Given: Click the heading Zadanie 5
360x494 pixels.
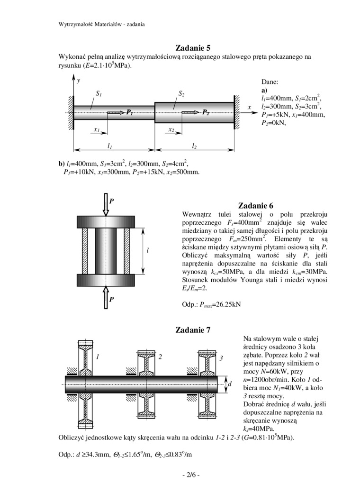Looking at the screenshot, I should tap(193, 48).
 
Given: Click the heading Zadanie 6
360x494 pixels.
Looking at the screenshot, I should tap(256, 206).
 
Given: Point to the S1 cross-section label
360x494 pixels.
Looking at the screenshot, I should tap(99, 94).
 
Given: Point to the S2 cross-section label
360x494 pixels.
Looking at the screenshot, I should tap(181, 94).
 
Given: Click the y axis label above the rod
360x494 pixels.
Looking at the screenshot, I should tap(79, 81).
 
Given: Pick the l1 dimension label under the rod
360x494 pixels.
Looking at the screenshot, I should tap(110, 145).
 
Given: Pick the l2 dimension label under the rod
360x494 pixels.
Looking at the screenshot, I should tap(194, 145).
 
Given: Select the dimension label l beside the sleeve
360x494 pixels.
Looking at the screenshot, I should tap(148, 250).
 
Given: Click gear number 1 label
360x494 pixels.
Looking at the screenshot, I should tap(98, 357).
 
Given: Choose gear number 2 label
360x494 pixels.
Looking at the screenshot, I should tap(161, 357).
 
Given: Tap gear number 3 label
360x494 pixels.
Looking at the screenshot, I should tap(221, 358).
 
